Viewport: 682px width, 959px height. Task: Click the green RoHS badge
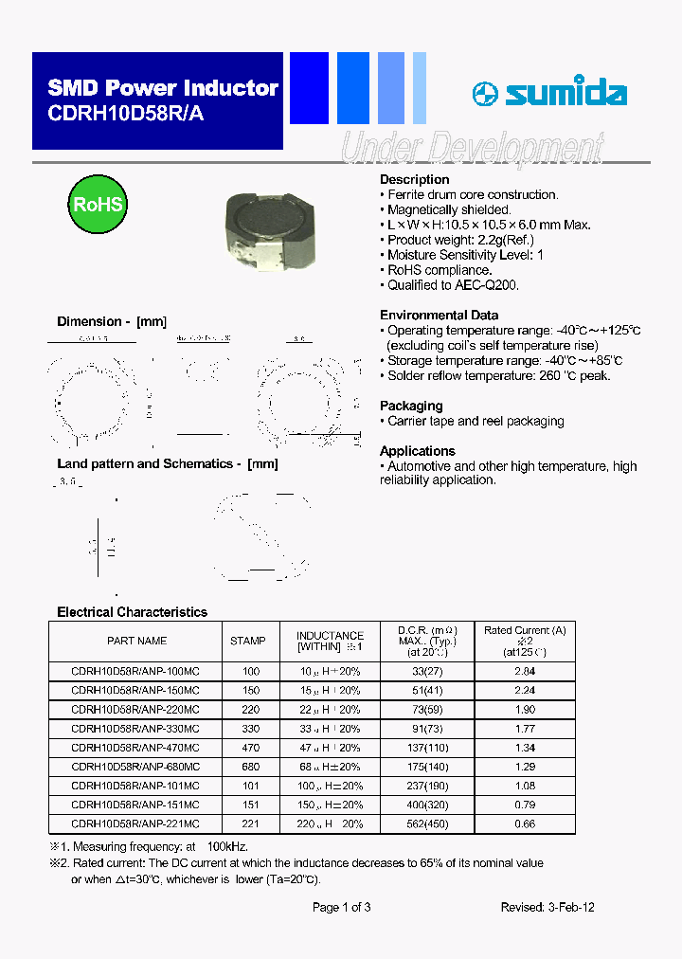[x=98, y=205]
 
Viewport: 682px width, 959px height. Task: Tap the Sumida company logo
[x=549, y=94]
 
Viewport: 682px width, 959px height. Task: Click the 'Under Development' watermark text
[x=471, y=149]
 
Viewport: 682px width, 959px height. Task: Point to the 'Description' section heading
[x=414, y=179]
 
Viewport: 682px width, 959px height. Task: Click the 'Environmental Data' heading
[x=439, y=315]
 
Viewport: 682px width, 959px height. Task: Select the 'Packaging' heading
[x=411, y=406]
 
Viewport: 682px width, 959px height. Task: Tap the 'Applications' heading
[x=417, y=451]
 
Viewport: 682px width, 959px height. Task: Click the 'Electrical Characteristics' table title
[x=132, y=612]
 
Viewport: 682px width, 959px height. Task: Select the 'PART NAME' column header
[x=136, y=641]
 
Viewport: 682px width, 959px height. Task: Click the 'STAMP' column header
[x=248, y=641]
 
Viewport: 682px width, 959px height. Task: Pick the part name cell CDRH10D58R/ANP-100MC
[x=135, y=671]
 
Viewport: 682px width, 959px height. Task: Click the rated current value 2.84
[x=524, y=671]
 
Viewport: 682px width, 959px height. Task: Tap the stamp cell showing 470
[x=251, y=748]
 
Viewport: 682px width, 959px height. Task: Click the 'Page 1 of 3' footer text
[x=341, y=907]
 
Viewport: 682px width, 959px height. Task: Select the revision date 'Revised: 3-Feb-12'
[x=547, y=907]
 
